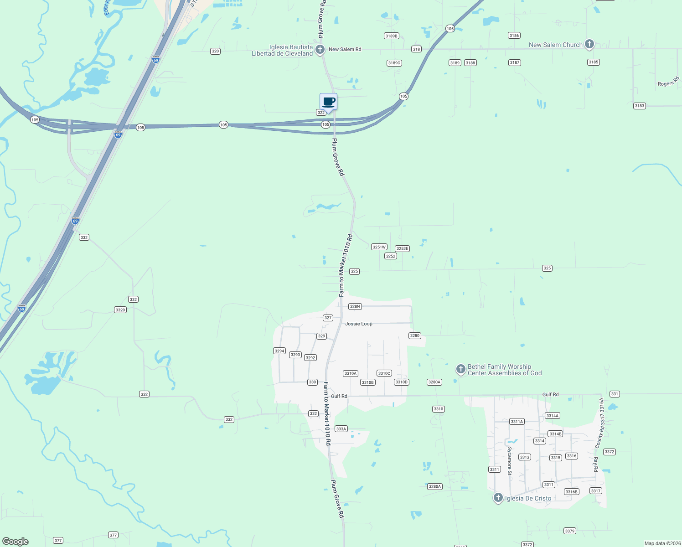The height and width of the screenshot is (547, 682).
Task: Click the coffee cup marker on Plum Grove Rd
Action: point(328,102)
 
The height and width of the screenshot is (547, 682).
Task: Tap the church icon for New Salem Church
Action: point(589,44)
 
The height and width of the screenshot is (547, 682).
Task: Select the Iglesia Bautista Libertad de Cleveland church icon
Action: point(320,49)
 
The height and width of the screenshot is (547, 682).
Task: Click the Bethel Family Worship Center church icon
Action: point(461,369)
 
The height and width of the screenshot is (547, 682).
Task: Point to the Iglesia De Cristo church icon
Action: point(498,498)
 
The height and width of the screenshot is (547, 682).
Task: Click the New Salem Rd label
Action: point(345,49)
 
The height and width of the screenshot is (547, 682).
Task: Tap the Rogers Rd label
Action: point(668,82)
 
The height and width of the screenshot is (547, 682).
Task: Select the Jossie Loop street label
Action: point(358,324)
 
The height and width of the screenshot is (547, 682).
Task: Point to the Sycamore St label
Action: point(509,460)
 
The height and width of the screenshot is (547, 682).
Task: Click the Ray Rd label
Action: point(595,464)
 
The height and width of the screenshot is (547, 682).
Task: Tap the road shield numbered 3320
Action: point(120,310)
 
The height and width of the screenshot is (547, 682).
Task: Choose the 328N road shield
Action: point(355,306)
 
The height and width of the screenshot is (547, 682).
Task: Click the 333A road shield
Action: point(341,429)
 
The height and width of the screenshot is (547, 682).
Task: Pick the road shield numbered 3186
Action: point(514,36)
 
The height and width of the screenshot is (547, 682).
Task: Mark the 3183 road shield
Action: point(639,106)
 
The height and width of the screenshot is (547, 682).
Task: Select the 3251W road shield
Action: point(379,247)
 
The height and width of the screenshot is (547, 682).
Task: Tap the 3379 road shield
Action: point(569,531)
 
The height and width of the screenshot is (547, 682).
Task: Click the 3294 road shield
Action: point(279,351)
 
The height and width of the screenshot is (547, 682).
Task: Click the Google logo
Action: point(15,542)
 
